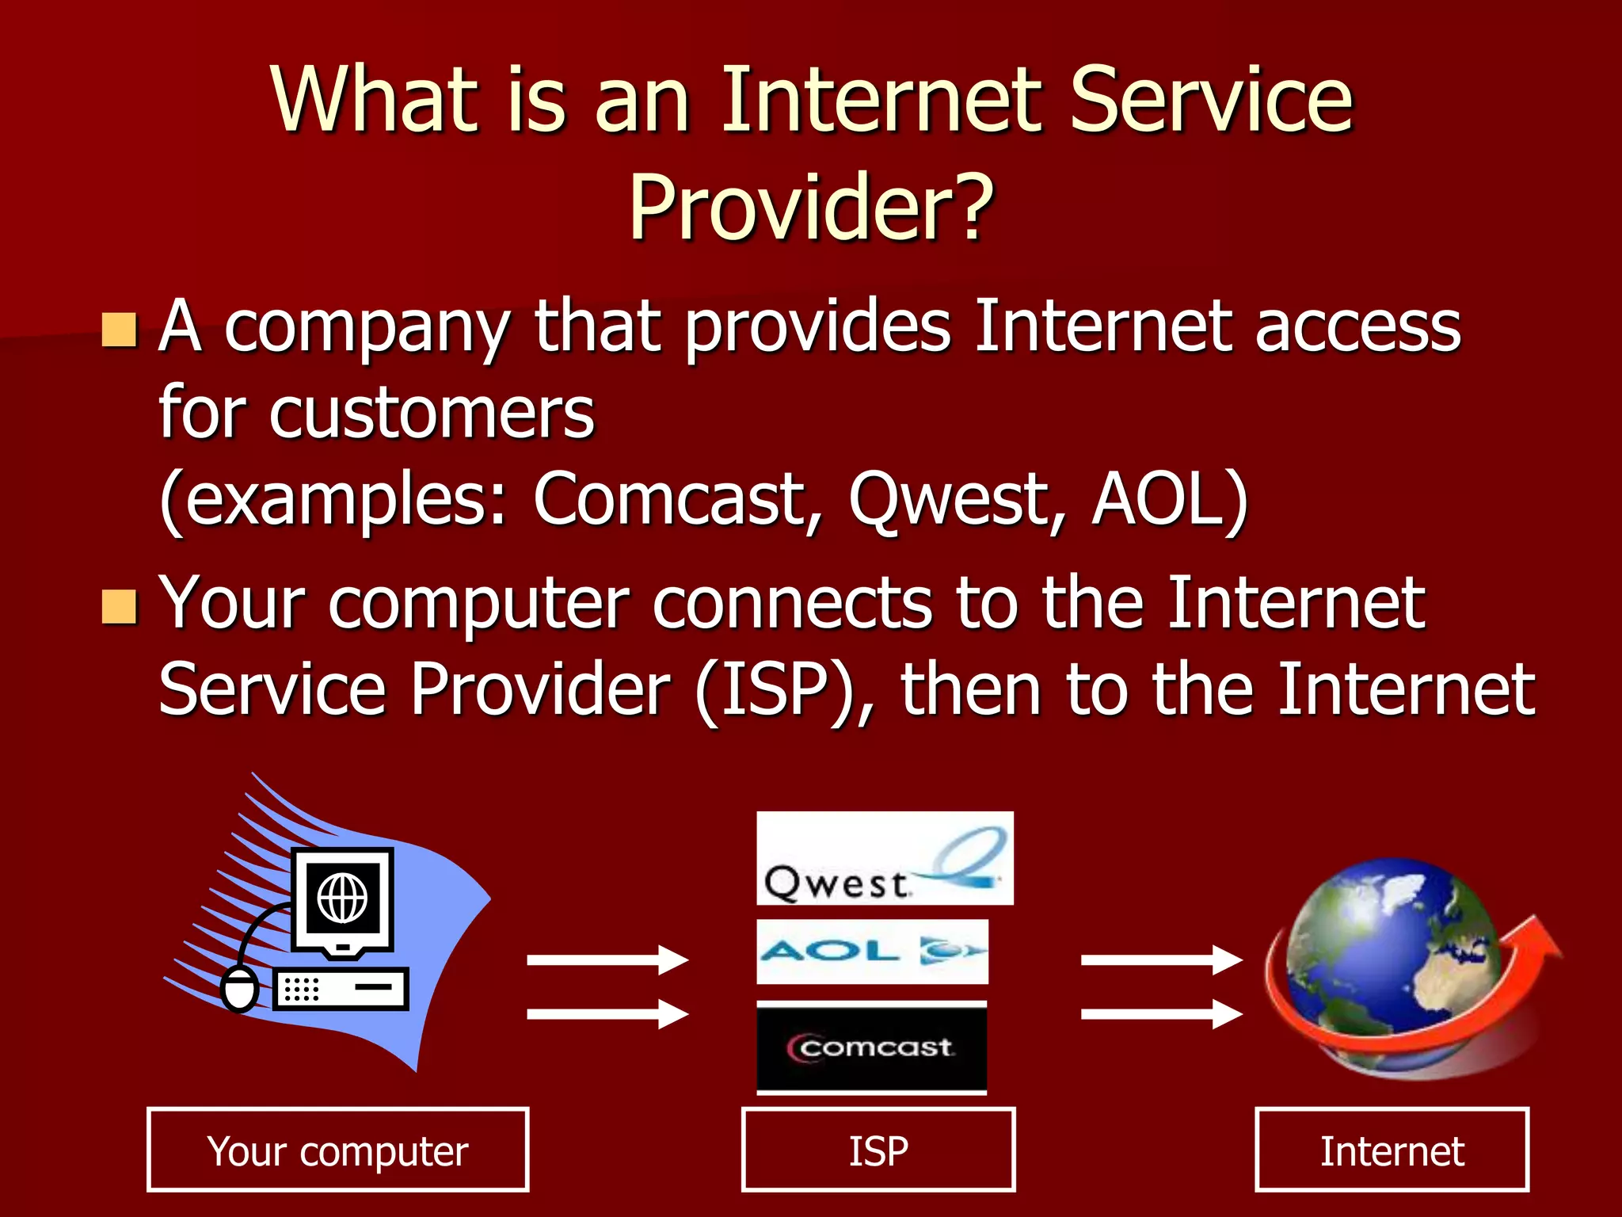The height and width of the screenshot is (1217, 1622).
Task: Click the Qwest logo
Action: pos(884,858)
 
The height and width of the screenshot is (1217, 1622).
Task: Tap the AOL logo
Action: pos(872,951)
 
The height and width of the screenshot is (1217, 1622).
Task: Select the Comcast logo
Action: pos(871,1047)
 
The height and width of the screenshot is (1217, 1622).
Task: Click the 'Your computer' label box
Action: pos(337,1150)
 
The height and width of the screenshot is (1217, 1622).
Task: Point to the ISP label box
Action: pos(878,1150)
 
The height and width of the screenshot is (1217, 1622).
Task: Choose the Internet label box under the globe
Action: pos(1392,1150)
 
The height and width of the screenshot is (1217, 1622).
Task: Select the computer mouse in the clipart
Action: pos(239,989)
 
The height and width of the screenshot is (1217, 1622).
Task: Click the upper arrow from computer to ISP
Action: pos(607,959)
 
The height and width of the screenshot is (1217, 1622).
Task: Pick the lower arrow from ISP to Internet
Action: pos(1161,1013)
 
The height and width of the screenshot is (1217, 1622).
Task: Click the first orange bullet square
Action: pos(120,330)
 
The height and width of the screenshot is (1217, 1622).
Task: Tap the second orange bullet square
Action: pos(120,607)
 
